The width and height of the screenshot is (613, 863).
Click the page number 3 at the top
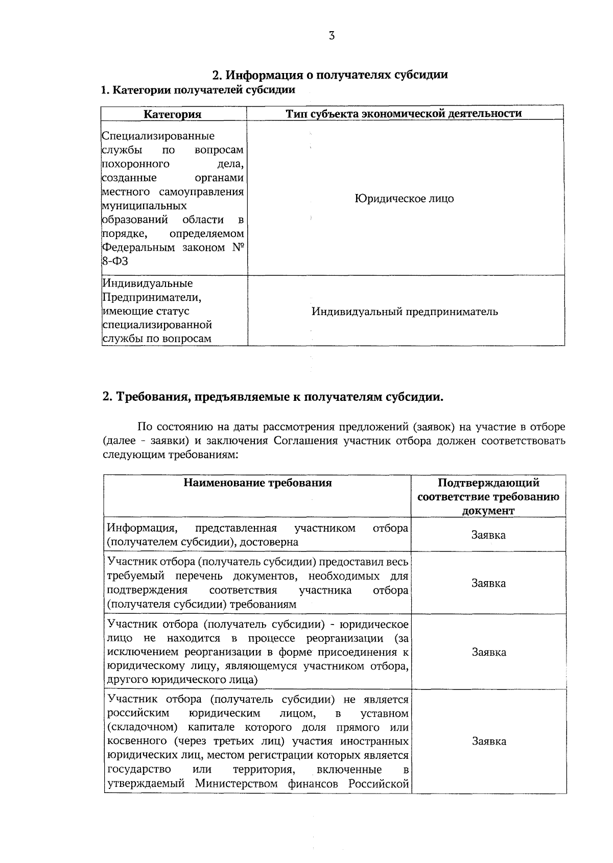pos(332,35)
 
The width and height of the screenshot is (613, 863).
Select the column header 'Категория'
pos(173,114)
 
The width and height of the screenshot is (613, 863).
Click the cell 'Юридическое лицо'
pos(404,199)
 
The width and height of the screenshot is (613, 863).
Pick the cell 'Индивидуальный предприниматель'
pos(405,311)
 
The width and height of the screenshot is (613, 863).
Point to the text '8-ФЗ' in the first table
pos(115,261)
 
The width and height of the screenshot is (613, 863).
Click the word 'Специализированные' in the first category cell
pos(158,136)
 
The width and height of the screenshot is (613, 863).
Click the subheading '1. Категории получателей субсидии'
pos(198,90)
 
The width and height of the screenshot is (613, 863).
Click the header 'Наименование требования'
pos(257,483)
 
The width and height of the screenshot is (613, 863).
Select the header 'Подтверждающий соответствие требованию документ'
pos(488,497)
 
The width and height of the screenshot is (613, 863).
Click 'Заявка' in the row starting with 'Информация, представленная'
pos(489,535)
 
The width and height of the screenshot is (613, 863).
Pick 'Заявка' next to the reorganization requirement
pos(489,652)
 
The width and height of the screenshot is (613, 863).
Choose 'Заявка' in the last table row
pos(489,741)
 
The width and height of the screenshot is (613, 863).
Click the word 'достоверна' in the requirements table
pos(272,542)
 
